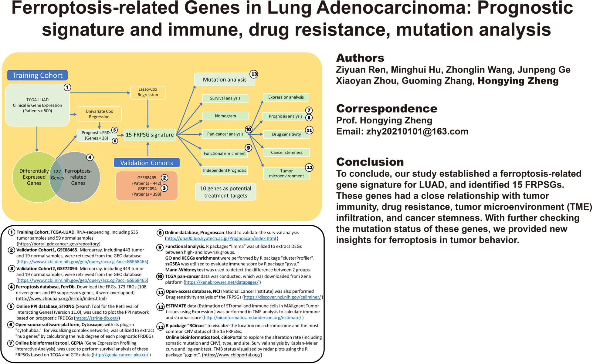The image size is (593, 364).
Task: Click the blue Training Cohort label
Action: (37, 75)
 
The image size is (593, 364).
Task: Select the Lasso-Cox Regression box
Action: (148, 92)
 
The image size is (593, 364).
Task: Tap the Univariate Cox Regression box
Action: (99, 114)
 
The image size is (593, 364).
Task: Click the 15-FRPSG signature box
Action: (150, 135)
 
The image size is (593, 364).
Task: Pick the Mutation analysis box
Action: (225, 79)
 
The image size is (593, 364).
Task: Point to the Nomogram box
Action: (225, 116)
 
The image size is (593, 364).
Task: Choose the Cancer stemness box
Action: (286, 152)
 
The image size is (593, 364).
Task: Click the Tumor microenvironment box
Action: (286, 173)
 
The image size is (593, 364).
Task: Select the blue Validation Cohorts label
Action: (147, 163)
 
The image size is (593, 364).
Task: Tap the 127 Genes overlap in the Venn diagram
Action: (57, 175)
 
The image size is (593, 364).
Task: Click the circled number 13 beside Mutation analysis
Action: (254, 74)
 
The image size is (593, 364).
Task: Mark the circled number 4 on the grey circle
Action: (90, 157)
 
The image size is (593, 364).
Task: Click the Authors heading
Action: (360, 58)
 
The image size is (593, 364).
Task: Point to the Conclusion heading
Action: (370, 162)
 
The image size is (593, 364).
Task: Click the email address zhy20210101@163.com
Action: (417, 131)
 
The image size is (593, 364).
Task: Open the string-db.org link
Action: (97, 318)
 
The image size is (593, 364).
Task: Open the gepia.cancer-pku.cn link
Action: (121, 355)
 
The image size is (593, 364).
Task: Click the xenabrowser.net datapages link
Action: (222, 282)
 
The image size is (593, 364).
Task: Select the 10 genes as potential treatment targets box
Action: (225, 192)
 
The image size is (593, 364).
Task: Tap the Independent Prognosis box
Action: (225, 170)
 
